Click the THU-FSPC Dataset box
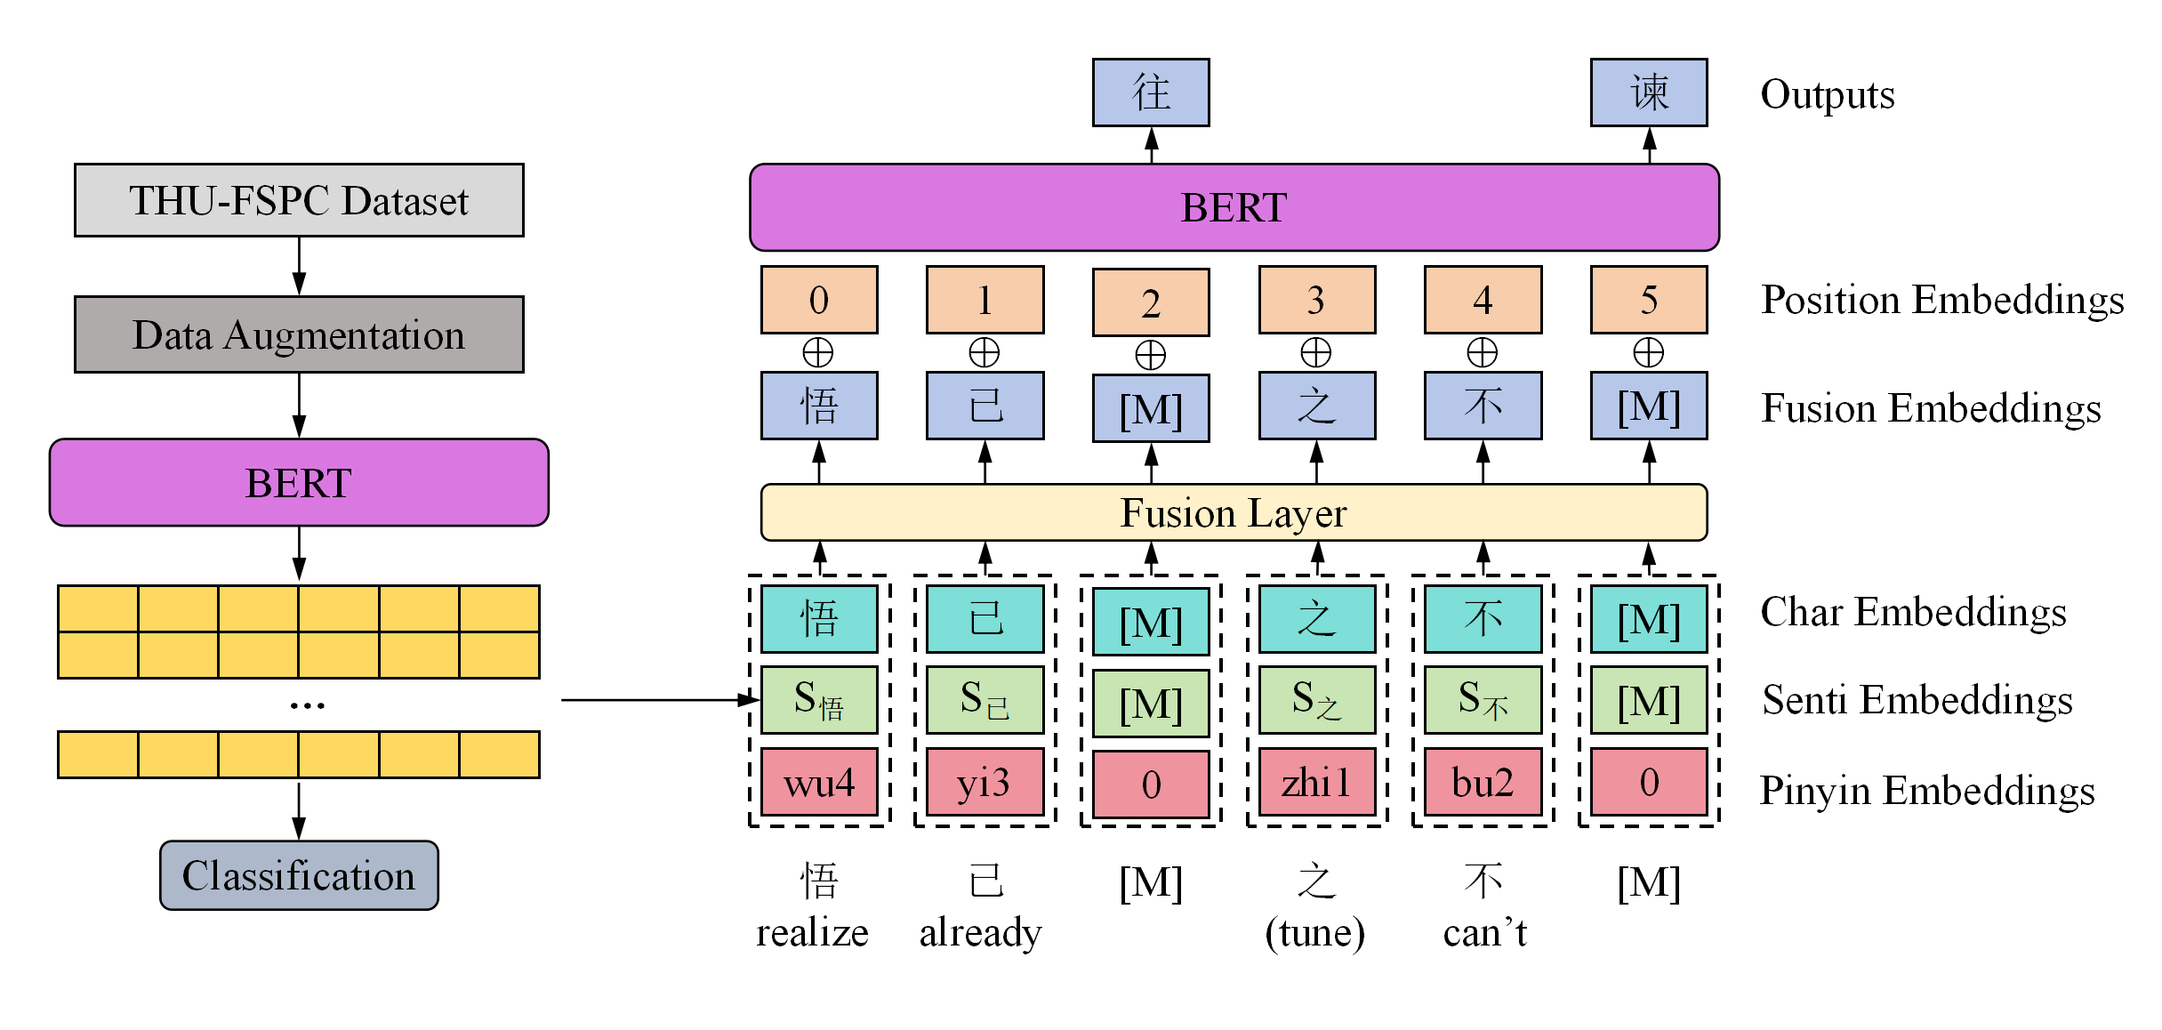299,200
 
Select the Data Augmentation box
299,334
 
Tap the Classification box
299,875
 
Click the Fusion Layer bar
1234,512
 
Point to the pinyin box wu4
819,783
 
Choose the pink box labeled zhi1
1316,783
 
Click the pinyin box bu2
1483,783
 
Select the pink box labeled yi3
985,783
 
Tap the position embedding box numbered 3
1316,300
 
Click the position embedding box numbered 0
819,300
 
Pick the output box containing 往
1151,93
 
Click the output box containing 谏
1649,93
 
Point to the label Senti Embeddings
1917,700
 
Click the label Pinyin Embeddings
1927,791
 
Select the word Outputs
1828,94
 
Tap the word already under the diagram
980,933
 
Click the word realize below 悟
812,933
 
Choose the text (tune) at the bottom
1315,933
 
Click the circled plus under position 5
1649,352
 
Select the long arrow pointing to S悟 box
658,700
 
